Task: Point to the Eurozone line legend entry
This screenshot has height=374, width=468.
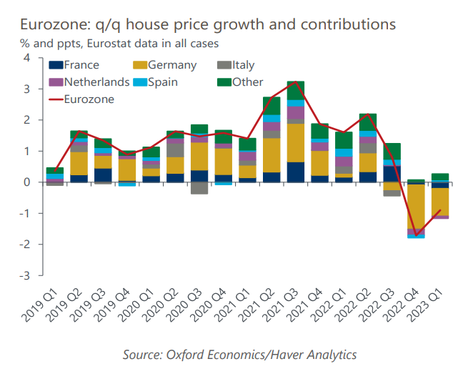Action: [x=89, y=99]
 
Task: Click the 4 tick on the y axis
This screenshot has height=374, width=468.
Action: [x=26, y=58]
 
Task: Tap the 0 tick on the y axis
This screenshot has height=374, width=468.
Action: [x=26, y=182]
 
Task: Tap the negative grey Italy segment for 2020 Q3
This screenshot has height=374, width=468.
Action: [x=199, y=188]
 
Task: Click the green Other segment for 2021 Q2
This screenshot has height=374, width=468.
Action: [x=272, y=106]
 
